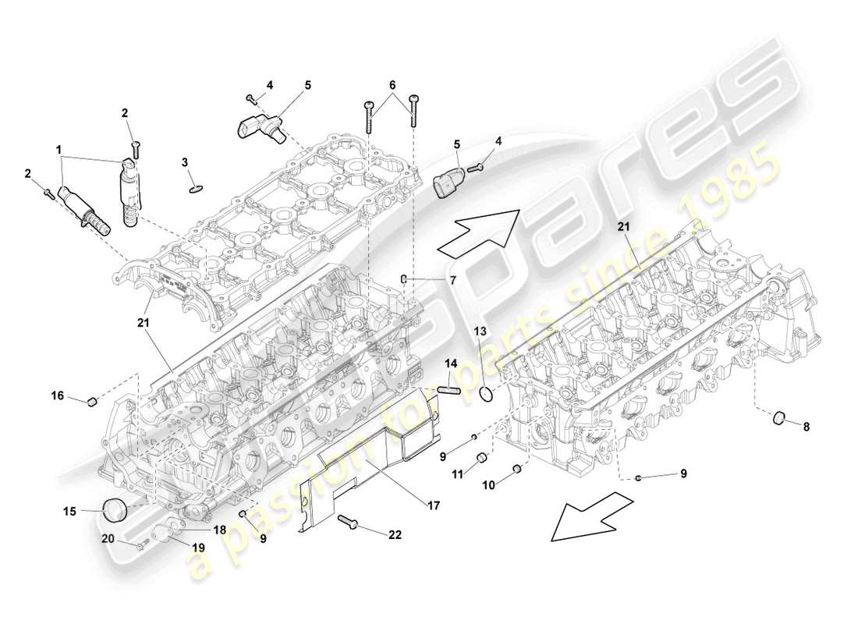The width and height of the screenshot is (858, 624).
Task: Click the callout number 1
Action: click(58, 147)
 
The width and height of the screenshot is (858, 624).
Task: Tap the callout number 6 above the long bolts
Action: click(392, 84)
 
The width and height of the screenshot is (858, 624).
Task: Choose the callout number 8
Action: click(806, 427)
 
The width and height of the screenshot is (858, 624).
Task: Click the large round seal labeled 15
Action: click(115, 510)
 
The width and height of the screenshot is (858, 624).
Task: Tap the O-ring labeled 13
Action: click(487, 394)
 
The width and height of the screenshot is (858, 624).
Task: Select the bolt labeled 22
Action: click(348, 522)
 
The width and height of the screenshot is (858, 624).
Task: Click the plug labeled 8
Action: click(778, 420)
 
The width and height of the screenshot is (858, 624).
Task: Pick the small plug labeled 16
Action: click(90, 402)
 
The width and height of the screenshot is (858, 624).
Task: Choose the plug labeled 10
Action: click(516, 470)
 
